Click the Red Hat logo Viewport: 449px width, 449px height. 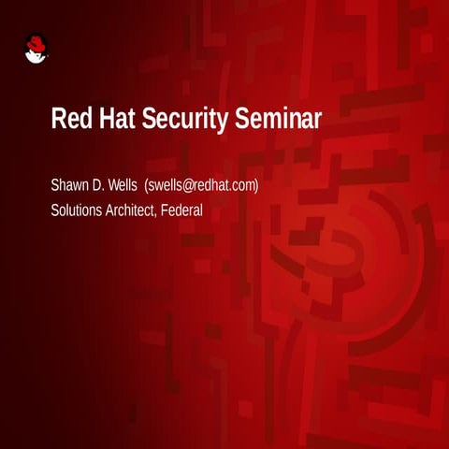[35, 49]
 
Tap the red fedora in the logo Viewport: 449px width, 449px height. [36, 42]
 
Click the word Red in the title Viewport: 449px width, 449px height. [69, 120]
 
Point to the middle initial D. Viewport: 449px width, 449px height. [101, 185]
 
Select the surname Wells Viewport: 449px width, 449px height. [123, 185]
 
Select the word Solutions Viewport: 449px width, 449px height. [78, 210]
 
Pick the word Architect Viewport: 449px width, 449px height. [132, 210]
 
